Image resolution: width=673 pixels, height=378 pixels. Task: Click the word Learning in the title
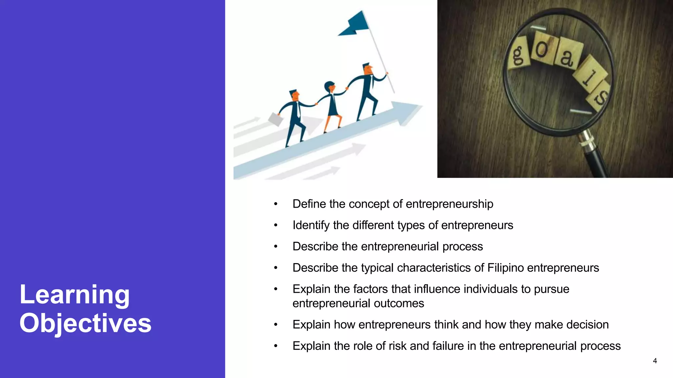click(75, 295)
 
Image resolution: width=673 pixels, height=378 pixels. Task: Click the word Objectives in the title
click(85, 324)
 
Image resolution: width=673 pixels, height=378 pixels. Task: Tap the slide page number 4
click(655, 361)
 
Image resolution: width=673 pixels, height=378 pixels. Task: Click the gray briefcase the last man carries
click(275, 119)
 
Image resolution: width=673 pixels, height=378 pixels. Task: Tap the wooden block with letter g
click(518, 54)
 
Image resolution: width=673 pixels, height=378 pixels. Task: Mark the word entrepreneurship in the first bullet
click(449, 204)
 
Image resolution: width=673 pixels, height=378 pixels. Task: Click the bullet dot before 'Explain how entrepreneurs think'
click(276, 325)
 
